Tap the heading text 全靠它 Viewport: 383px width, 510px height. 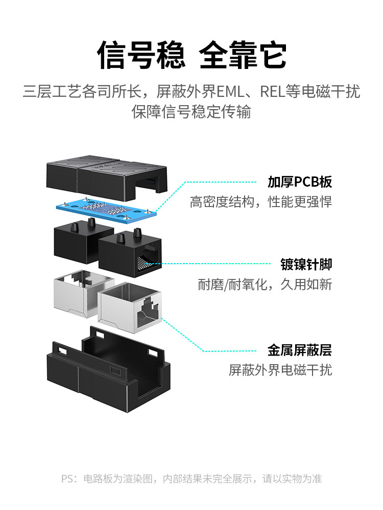coord(243,55)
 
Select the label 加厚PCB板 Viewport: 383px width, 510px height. coord(300,182)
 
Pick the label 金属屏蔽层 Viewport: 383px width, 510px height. coord(300,350)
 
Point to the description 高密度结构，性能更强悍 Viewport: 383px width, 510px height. coord(261,202)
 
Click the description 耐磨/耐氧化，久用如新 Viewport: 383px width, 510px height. coord(265,284)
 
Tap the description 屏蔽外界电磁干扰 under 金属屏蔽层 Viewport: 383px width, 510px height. coord(280,370)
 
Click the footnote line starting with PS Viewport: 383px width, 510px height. coord(192,479)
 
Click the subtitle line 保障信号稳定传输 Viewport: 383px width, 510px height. coord(192,112)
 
